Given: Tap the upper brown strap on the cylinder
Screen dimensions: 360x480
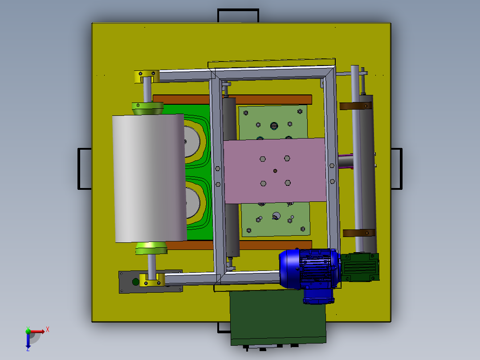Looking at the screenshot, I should pyautogui.click(x=355, y=106).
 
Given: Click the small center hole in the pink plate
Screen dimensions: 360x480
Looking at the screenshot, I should pyautogui.click(x=275, y=171).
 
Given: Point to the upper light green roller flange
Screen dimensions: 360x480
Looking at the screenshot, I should pyautogui.click(x=147, y=108).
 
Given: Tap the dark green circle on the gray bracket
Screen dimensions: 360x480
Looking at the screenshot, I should pyautogui.click(x=135, y=282).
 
